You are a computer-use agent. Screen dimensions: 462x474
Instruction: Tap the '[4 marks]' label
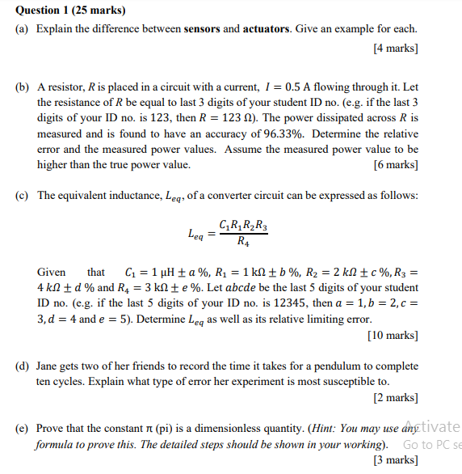395,48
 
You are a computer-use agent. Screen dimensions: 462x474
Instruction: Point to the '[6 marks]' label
395,164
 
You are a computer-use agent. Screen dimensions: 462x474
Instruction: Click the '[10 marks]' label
393,335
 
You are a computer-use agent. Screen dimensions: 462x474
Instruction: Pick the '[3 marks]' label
395,460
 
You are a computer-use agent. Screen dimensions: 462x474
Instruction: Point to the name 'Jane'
50,366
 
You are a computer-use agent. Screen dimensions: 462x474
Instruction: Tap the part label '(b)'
23,87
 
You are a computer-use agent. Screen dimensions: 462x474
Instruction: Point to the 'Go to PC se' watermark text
431,445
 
